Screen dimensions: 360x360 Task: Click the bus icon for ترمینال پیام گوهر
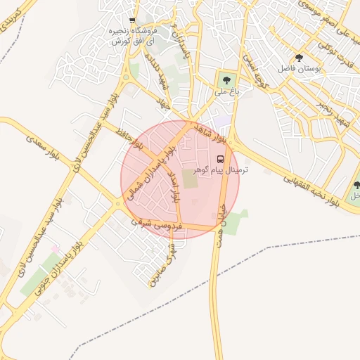220,159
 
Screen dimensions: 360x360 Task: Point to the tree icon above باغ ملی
226,80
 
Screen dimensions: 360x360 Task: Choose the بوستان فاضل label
300,70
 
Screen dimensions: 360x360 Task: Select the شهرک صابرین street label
162,265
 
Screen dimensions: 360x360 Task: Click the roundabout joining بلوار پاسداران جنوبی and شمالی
117,205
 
